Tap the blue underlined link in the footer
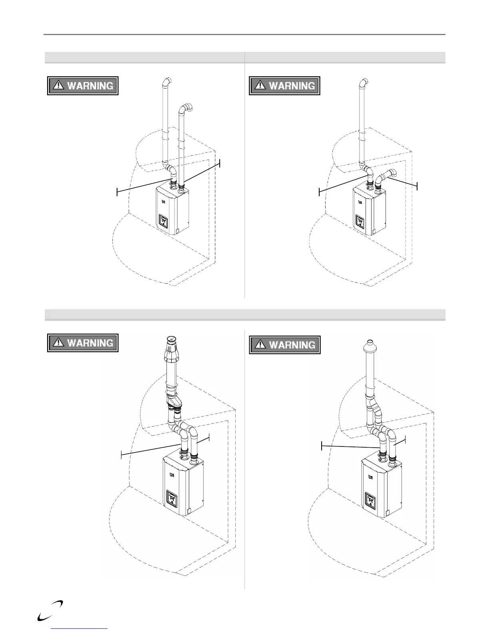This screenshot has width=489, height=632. point(80,629)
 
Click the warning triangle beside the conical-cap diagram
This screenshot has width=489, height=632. point(59,343)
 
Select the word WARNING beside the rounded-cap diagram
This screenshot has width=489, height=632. point(292,345)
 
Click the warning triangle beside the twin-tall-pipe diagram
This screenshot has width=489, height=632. point(59,85)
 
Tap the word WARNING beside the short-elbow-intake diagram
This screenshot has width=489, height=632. point(292,86)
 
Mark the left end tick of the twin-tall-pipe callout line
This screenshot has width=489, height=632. point(117,192)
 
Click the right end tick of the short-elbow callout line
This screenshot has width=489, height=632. point(417,186)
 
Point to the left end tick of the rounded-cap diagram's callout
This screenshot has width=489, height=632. point(322,446)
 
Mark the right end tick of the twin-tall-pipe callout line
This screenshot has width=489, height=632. point(220,163)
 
